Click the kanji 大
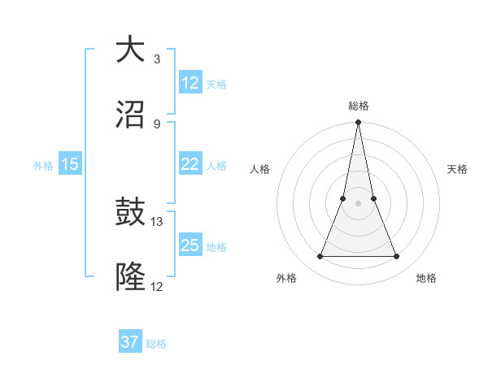click(x=130, y=50)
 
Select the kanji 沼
click(x=130, y=115)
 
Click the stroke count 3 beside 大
click(x=156, y=59)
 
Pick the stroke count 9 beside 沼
click(x=156, y=124)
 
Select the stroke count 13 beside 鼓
click(x=157, y=221)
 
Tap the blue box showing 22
click(x=190, y=164)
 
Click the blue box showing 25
click(x=190, y=245)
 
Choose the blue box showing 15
click(x=70, y=164)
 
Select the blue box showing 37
click(x=130, y=342)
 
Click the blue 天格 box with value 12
click(x=190, y=83)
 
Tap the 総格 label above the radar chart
click(x=359, y=106)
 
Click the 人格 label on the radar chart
click(x=260, y=169)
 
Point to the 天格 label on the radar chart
click(x=457, y=169)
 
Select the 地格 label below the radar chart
click(x=426, y=278)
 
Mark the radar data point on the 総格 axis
click(x=359, y=124)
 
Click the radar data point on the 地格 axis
click(x=397, y=257)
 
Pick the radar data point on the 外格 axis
click(x=320, y=257)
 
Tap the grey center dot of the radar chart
click(x=359, y=203)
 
